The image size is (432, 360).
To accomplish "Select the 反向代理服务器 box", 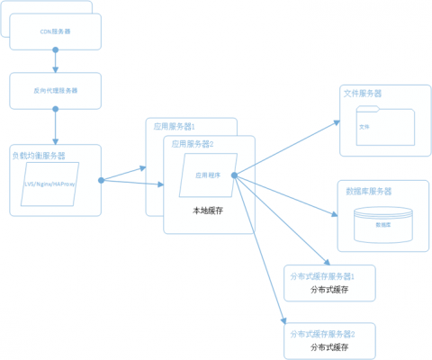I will (x=56, y=90).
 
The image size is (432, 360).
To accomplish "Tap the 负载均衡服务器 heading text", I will (x=39, y=155).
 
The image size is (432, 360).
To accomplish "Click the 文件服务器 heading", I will (x=363, y=94).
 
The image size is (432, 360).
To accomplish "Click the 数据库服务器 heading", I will (x=368, y=191).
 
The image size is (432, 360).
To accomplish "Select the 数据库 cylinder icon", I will (x=384, y=222).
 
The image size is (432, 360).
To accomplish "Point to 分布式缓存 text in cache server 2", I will (x=328, y=346).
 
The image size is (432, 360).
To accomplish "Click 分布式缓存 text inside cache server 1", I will (x=328, y=290).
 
